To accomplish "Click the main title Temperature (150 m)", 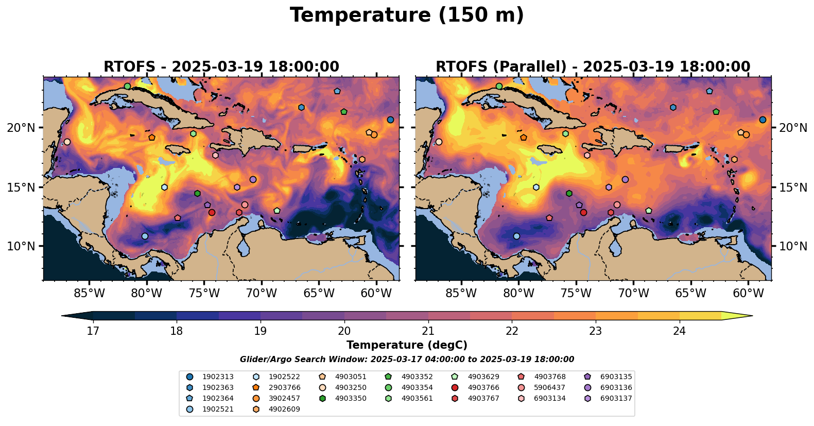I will (x=407, y=15).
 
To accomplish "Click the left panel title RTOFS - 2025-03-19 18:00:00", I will (x=221, y=67).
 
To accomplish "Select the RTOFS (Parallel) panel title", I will (x=593, y=67).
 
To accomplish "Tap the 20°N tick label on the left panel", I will (x=21, y=128).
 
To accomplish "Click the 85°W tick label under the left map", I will (x=89, y=294).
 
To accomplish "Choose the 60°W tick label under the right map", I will (x=748, y=294).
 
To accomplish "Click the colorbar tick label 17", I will (x=93, y=331).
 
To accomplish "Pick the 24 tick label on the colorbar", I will (x=680, y=331).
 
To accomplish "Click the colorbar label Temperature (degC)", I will (x=407, y=345).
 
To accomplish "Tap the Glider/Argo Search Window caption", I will (x=407, y=360).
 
